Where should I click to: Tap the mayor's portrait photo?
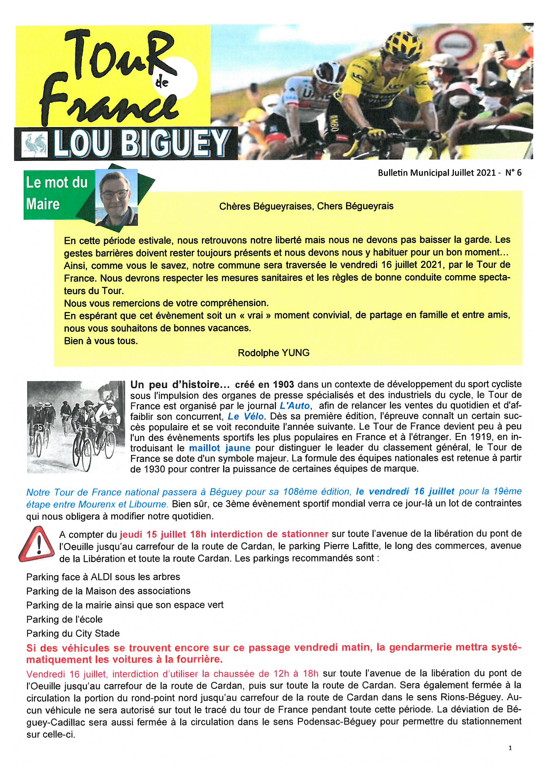[116, 197]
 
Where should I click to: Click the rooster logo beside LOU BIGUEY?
[34, 144]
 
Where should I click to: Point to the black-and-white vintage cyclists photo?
[76, 427]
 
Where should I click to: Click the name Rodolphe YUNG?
[273, 353]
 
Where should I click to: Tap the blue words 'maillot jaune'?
[219, 448]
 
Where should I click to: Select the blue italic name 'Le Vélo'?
[245, 416]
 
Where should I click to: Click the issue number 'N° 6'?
[513, 173]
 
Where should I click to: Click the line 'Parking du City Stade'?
[73, 633]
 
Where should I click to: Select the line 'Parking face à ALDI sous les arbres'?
[103, 577]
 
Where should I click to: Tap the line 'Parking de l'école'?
[64, 619]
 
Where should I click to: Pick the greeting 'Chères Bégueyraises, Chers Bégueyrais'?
[306, 206]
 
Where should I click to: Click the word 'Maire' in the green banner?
[43, 204]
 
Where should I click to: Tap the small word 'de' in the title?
[162, 82]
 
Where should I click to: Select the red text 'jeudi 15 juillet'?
[153, 534]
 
